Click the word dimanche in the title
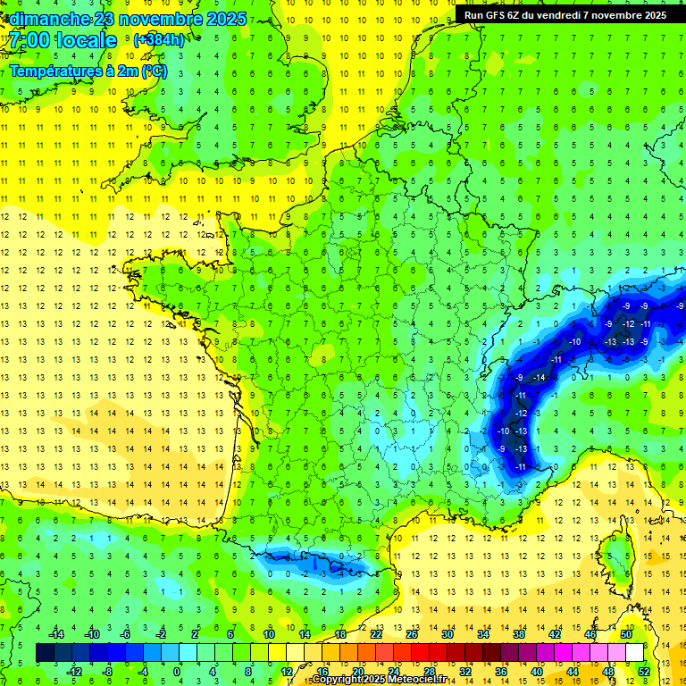click(50, 19)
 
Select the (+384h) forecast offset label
click(159, 40)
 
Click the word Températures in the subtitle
click(54, 71)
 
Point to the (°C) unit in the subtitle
click(154, 71)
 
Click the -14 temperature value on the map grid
click(539, 379)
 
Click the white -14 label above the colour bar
click(56, 634)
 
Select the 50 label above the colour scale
click(626, 634)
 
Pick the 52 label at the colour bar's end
click(644, 672)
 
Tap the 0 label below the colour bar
click(177, 672)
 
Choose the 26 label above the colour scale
click(411, 634)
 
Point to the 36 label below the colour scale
click(500, 672)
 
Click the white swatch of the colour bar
click(634, 653)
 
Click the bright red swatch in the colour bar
click(420, 653)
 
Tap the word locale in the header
click(86, 40)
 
